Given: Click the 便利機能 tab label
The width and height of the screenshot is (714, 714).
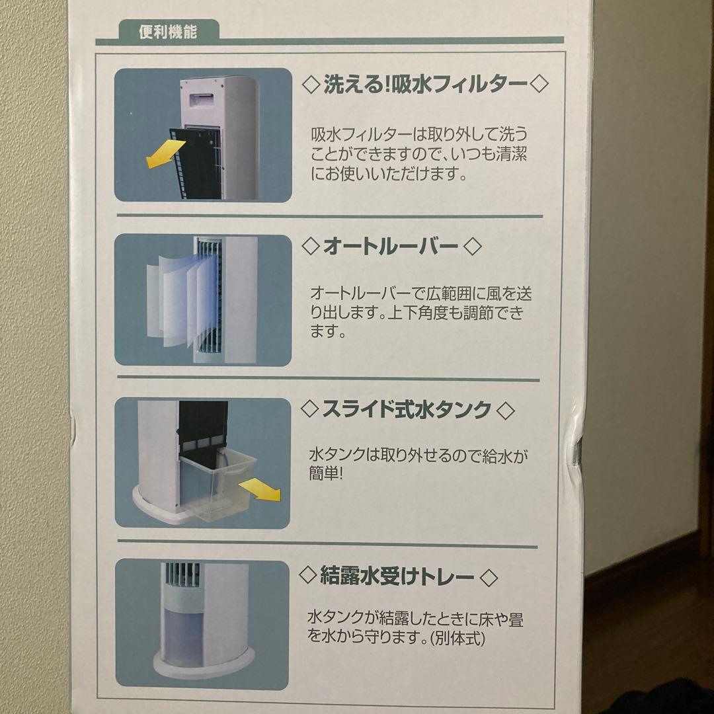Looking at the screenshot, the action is (168, 32).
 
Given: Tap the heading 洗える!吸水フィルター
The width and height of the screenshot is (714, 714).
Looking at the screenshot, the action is (425, 84).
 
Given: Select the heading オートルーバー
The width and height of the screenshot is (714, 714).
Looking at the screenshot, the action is (390, 247).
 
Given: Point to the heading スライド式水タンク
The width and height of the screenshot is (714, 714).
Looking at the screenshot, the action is (407, 409).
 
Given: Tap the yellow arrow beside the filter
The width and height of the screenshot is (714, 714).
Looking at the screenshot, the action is (165, 153).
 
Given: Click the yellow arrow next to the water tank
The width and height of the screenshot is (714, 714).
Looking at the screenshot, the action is (260, 489).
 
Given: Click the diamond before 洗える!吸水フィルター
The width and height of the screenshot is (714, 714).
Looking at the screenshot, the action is (311, 85).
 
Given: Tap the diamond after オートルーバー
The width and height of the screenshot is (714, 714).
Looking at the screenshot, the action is (472, 247).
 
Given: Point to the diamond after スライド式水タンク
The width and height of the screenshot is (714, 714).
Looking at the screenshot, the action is (506, 411).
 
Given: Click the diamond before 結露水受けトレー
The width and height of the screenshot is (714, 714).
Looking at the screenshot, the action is (308, 576).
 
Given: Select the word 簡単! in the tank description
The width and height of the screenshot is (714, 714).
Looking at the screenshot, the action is (325, 473).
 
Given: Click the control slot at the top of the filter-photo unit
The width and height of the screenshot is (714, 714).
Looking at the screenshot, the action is (200, 98).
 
